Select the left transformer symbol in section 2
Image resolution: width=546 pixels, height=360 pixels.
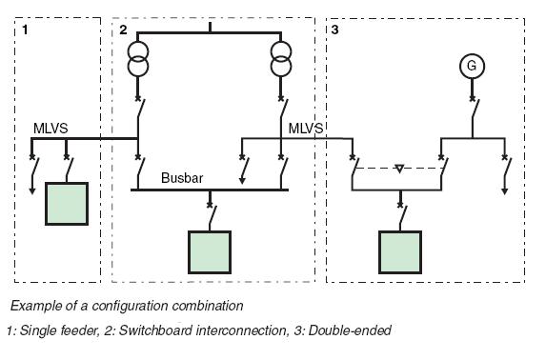pos(139,60)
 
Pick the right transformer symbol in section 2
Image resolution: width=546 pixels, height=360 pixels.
pos(281,60)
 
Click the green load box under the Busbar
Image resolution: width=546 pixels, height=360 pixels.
pos(209,251)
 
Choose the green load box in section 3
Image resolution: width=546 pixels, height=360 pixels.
pos(400,251)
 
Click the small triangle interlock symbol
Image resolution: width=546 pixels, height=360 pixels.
pos(400,169)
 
